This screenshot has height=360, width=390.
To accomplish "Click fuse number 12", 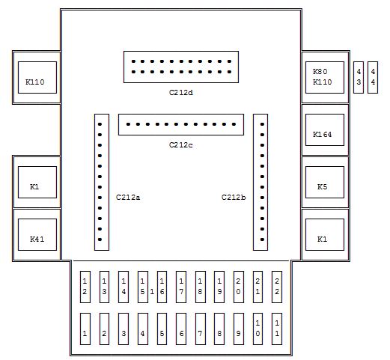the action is click(x=85, y=287).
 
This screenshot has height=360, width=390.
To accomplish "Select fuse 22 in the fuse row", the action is click(x=277, y=287).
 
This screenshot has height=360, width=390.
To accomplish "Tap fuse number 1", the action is click(x=85, y=329).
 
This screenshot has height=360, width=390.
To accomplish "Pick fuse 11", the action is click(x=277, y=329).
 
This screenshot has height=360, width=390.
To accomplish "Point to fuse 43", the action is click(x=359, y=77).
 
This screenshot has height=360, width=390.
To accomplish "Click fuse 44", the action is click(x=373, y=77).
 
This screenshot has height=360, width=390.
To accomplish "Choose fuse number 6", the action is click(x=181, y=329).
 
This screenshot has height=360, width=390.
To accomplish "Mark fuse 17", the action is click(x=181, y=287).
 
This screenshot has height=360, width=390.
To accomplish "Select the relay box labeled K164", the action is click(x=325, y=129).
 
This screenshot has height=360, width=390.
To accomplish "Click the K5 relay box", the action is click(x=325, y=182).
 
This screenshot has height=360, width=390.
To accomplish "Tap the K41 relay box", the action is click(x=37, y=234).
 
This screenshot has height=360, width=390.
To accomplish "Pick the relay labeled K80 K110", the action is click(x=325, y=77).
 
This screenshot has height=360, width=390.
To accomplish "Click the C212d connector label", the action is click(x=181, y=93).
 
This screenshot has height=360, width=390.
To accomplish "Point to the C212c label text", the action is click(x=181, y=145).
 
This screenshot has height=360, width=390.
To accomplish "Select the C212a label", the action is click(x=128, y=198).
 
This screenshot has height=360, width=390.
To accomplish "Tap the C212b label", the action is click(x=234, y=198).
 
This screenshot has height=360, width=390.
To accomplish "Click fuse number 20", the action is click(x=239, y=287).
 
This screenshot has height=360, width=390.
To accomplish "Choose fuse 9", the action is click(x=239, y=329).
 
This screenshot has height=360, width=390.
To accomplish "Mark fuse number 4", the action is click(x=143, y=329).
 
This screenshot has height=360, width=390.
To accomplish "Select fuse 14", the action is click(x=124, y=287).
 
